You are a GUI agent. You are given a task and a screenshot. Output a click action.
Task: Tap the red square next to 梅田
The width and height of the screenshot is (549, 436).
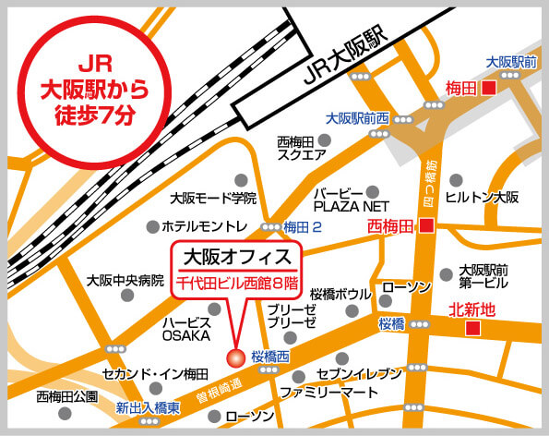pos(489,89)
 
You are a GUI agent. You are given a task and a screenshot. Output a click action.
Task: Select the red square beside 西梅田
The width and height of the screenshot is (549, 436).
pos(426,224)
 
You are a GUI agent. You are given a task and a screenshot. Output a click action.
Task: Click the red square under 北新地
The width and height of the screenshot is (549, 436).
pos(472,328)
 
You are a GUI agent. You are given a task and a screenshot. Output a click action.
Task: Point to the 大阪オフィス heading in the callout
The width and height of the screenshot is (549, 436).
pos(236,255)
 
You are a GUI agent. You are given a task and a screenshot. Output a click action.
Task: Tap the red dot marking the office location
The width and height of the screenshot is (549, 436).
pos(234,357)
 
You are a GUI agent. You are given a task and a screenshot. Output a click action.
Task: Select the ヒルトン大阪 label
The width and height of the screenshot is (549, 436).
pos(482,198)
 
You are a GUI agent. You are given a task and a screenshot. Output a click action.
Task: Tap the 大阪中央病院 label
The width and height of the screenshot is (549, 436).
pos(125,280)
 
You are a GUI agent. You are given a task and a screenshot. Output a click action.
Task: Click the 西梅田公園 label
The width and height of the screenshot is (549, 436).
pos(66,397)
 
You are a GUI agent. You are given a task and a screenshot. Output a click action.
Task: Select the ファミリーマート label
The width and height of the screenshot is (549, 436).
pos(329,392)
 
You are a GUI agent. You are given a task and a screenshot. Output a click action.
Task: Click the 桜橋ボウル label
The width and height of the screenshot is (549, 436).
pos(340,294)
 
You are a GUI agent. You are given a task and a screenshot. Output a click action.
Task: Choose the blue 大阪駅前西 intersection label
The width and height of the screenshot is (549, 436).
pos(358,118)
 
